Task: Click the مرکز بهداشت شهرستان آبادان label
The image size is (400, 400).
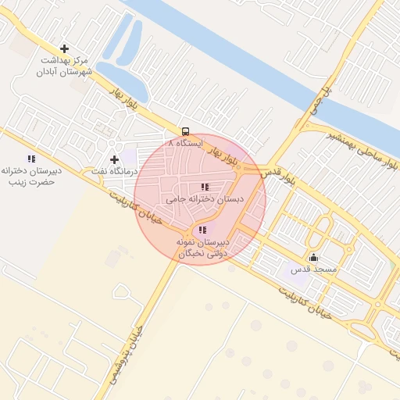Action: [64, 66]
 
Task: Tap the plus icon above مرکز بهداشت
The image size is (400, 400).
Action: [65, 48]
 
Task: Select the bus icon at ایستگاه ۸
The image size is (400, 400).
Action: [186, 131]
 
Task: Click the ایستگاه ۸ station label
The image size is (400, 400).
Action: [185, 145]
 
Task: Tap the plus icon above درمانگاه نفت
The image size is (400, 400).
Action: [115, 159]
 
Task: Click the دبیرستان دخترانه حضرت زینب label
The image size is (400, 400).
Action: [30, 176]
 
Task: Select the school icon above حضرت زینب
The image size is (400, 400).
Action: [31, 159]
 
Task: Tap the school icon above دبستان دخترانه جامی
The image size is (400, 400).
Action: [205, 187]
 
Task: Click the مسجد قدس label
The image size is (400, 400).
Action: [313, 270]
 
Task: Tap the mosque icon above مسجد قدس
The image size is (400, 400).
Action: [314, 258]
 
